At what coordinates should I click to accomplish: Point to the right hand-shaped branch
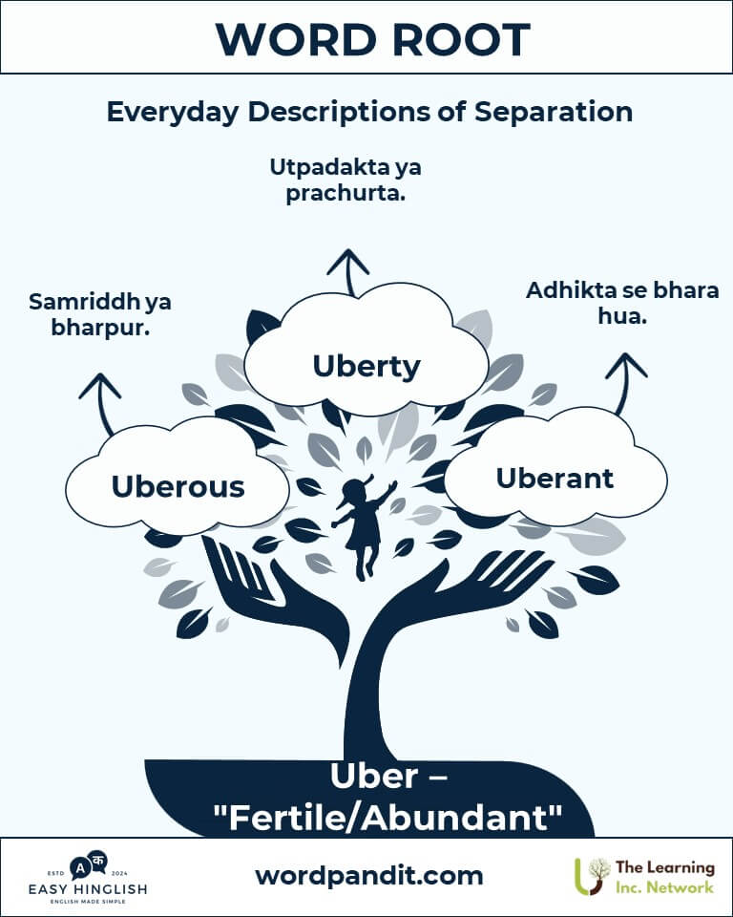click(477, 583)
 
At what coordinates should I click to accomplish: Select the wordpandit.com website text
click(368, 875)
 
